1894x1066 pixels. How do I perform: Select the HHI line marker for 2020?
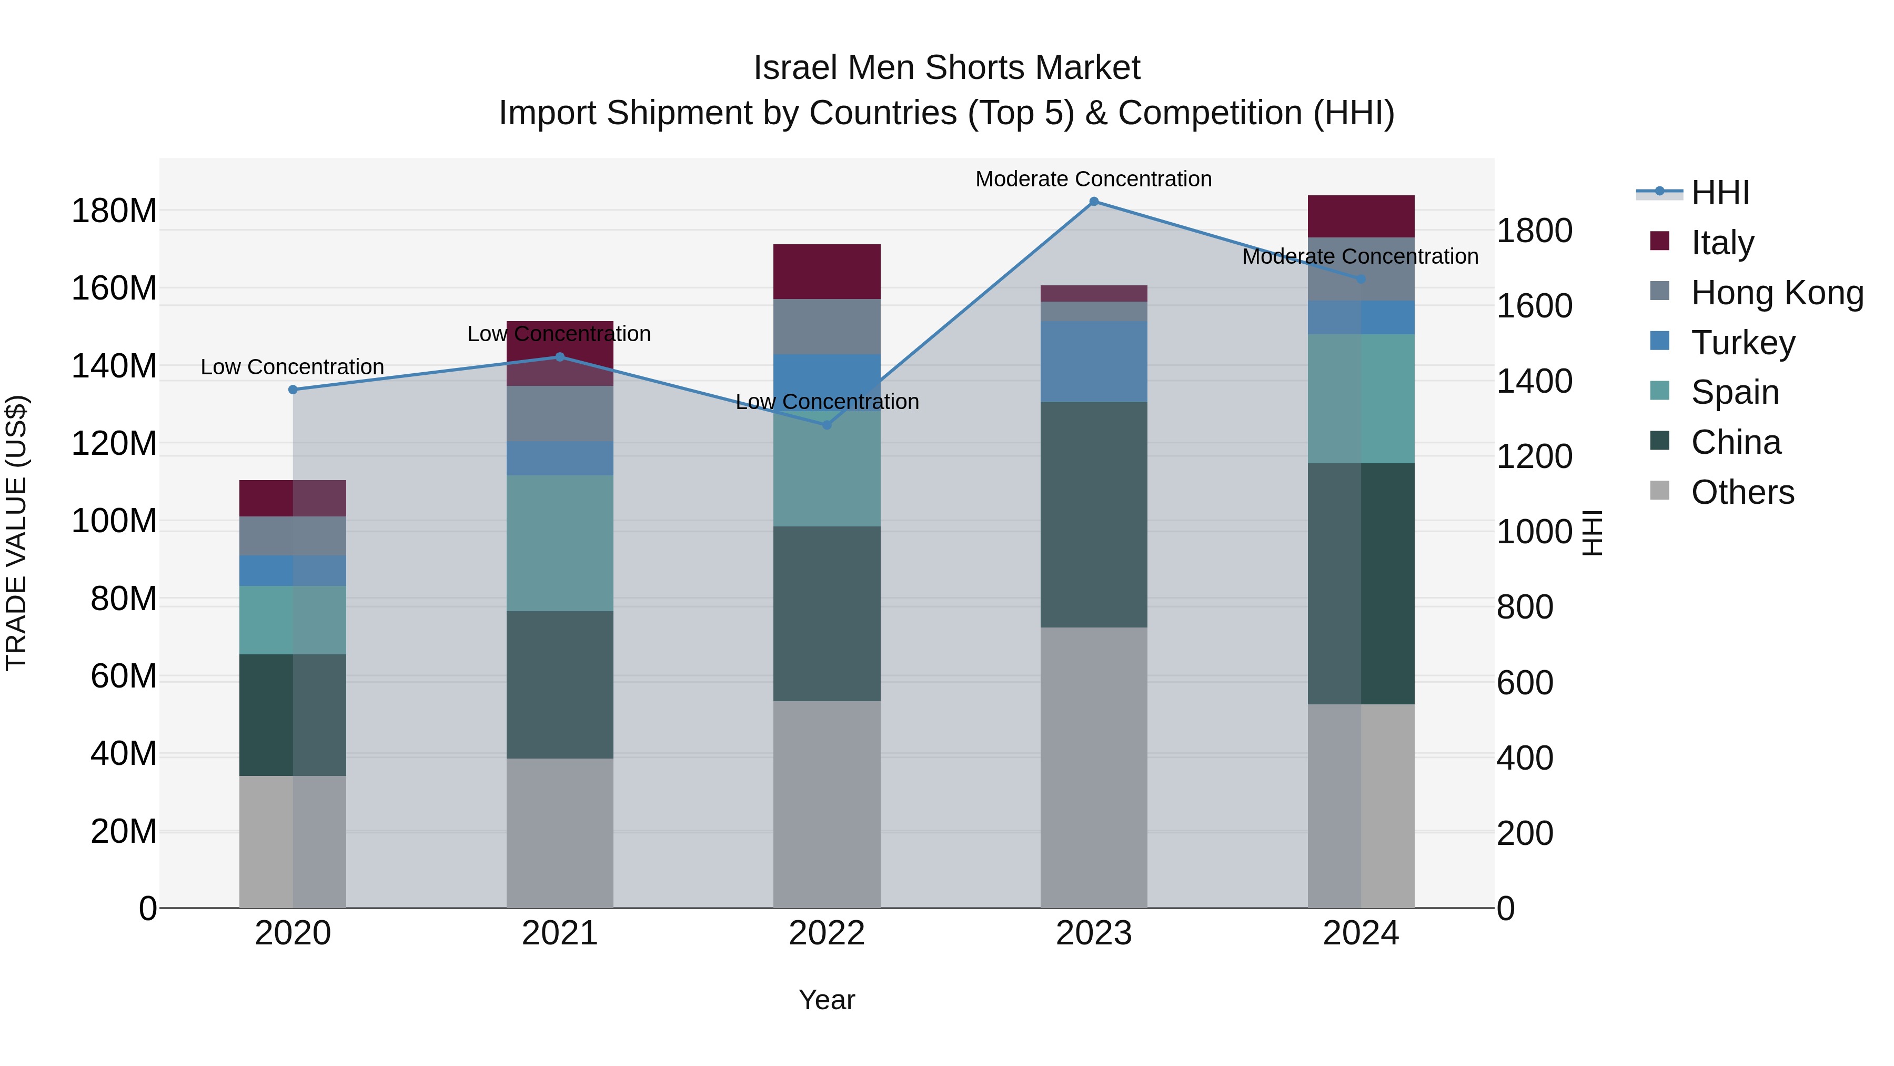coord(293,390)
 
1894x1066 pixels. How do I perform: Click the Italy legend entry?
coord(1722,243)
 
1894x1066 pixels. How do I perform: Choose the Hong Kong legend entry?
coord(1776,293)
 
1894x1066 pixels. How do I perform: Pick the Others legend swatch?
coord(1659,491)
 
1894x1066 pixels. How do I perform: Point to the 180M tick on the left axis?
coord(114,211)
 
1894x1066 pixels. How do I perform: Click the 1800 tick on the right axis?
coord(1535,231)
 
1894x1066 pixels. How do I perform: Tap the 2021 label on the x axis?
coord(560,933)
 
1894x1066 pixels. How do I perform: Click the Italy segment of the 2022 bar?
coord(827,272)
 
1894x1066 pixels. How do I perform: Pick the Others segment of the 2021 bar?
coord(560,833)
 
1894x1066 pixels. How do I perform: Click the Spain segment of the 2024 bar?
coord(1361,398)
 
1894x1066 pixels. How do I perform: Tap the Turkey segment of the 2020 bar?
coord(293,570)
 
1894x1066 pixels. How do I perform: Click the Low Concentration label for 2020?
coord(293,366)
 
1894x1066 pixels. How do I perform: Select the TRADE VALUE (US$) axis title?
coord(16,533)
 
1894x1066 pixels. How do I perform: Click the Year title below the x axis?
coord(827,1000)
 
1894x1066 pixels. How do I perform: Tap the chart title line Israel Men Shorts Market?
coord(946,68)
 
